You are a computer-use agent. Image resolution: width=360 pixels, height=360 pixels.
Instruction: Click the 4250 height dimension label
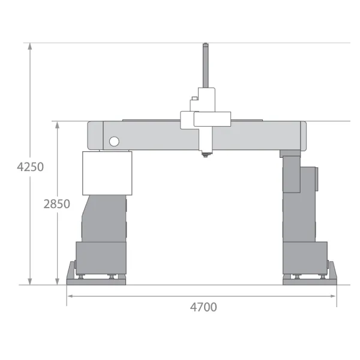pyautogui.click(x=30, y=166)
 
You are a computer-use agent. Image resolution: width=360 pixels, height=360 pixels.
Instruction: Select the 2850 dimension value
pyautogui.click(x=57, y=203)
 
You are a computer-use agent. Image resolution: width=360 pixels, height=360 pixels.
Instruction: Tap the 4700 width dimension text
pyautogui.click(x=203, y=307)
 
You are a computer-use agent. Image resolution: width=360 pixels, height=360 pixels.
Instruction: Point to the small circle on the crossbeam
pyautogui.click(x=113, y=142)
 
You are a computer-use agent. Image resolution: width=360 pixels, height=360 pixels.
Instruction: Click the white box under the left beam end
pyautogui.click(x=107, y=173)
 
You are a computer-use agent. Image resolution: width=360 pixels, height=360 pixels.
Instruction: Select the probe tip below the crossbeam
pyautogui.click(x=206, y=154)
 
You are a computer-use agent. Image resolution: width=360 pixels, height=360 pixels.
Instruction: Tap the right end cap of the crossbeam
pyautogui.click(x=303, y=136)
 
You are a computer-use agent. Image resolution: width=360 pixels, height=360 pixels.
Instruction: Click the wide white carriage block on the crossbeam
pyautogui.click(x=212, y=119)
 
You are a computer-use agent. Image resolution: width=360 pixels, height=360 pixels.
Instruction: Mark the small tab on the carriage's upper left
pyautogui.click(x=194, y=99)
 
